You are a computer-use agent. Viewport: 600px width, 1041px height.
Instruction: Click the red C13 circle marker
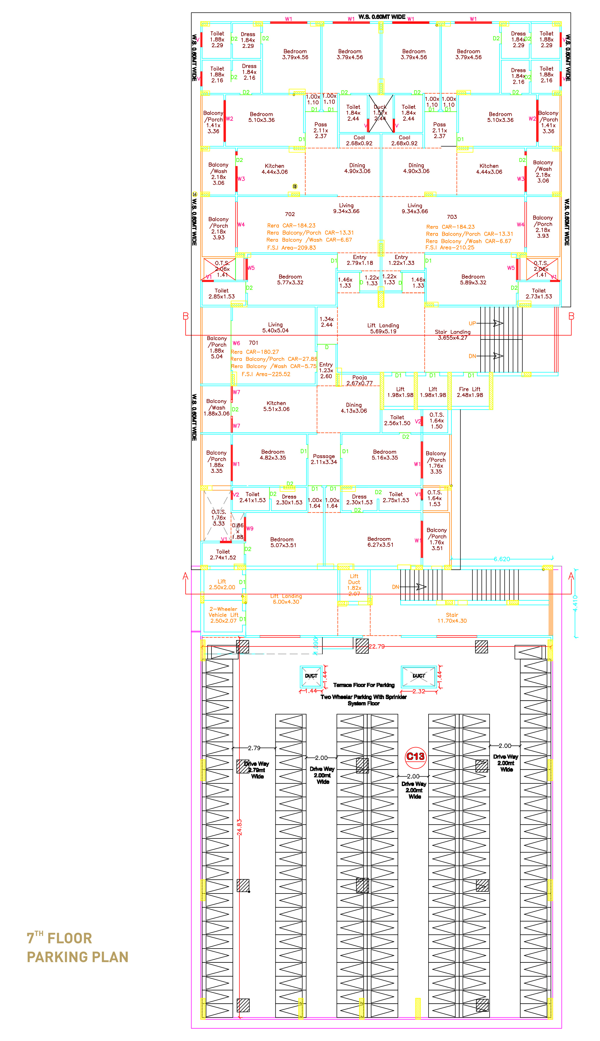coord(415,756)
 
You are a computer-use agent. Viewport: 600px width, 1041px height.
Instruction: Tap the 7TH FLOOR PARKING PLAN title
coord(77,947)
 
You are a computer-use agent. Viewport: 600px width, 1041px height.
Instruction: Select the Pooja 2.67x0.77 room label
coord(359,380)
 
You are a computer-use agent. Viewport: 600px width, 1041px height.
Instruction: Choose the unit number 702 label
coord(290,214)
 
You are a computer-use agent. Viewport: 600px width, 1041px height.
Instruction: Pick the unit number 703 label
coord(452,216)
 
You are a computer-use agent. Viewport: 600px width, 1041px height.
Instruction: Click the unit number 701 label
coord(254,343)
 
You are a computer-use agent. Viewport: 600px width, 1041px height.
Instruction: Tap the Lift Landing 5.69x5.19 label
coord(383,328)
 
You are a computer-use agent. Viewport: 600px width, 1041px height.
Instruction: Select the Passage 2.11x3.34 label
coord(324,459)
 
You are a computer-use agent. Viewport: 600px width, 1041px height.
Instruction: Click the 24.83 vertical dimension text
coord(239,827)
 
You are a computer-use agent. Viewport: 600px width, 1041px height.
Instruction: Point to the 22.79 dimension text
coord(377,646)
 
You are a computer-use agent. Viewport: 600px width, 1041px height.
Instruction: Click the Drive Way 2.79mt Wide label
coord(257,770)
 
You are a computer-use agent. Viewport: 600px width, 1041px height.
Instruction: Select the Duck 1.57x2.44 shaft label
coord(380,112)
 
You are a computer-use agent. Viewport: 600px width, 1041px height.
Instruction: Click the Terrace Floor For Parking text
coord(364,685)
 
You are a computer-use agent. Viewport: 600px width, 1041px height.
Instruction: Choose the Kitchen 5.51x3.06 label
coord(276,406)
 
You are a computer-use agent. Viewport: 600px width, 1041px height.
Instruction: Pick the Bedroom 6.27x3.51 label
coord(380,542)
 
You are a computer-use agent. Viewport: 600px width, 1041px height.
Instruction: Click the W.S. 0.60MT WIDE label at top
coord(381,17)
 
